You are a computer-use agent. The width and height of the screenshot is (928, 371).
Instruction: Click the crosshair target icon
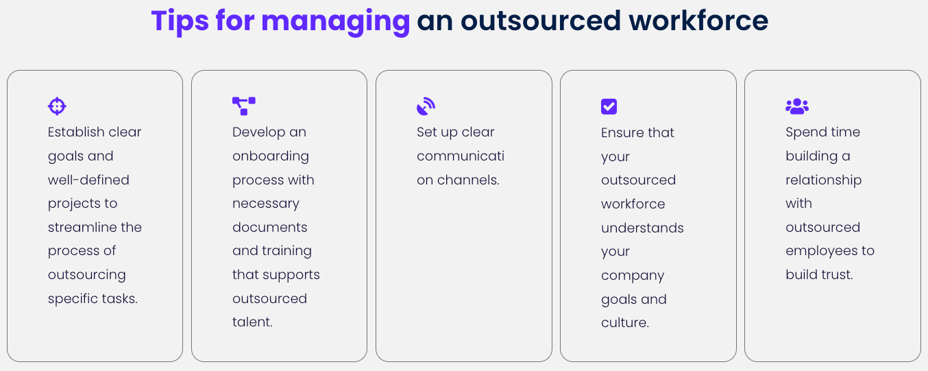point(57,106)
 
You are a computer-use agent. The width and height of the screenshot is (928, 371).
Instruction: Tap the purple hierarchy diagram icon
point(243,106)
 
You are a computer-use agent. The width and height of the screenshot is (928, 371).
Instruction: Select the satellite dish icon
point(426,106)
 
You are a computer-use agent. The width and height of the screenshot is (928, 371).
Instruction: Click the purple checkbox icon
point(609,106)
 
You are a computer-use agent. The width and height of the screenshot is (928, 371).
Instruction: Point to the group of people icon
point(797,106)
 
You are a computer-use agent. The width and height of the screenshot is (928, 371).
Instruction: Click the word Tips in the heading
point(180,21)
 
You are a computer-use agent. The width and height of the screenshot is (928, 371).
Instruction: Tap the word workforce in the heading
point(698,21)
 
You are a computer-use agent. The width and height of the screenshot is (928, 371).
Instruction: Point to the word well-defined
point(88,180)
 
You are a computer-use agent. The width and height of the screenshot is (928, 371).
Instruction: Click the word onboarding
point(271,156)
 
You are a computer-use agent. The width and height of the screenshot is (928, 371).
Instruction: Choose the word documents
point(270,227)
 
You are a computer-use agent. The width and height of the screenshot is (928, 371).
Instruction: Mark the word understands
point(642,228)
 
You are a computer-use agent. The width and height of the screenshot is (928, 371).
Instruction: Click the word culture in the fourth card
point(625,322)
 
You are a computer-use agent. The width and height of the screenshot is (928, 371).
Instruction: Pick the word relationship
point(824,180)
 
